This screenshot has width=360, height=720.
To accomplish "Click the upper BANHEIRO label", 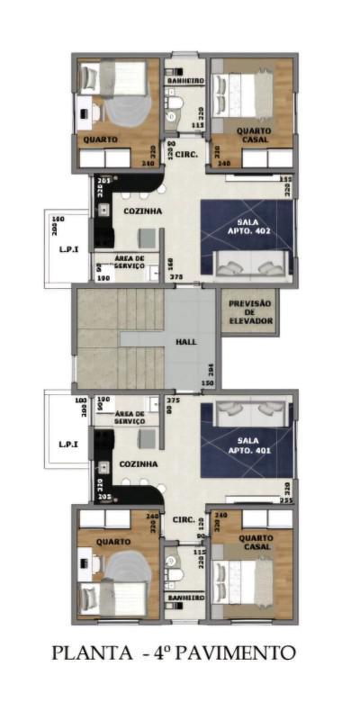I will (184, 81).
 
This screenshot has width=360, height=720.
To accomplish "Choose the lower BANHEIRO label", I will (184, 597).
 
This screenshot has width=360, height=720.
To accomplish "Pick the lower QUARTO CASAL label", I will (255, 543).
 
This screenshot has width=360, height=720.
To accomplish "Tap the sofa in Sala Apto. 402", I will (250, 264).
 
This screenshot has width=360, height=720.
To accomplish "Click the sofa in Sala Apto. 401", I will (250, 410).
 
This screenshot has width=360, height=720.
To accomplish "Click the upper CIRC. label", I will (186, 153).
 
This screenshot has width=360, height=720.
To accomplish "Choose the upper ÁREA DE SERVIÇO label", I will (136, 262).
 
